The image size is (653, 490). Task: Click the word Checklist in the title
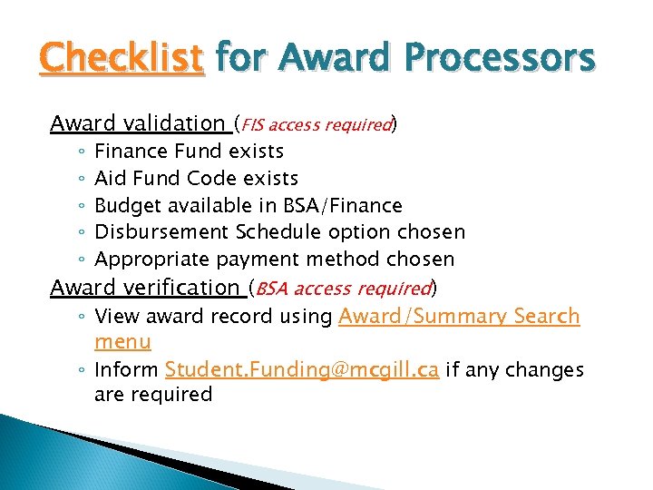coord(122,58)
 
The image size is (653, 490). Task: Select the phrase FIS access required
coord(316,124)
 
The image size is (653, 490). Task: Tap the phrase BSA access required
coord(344,289)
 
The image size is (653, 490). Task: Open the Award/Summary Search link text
coord(458,317)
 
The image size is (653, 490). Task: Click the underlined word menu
coord(122,342)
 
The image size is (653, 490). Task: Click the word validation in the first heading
coord(174,123)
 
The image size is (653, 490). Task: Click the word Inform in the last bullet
coord(127,370)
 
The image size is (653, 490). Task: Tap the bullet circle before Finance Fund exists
coord(81,152)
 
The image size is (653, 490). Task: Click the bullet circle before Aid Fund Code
coord(81,179)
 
